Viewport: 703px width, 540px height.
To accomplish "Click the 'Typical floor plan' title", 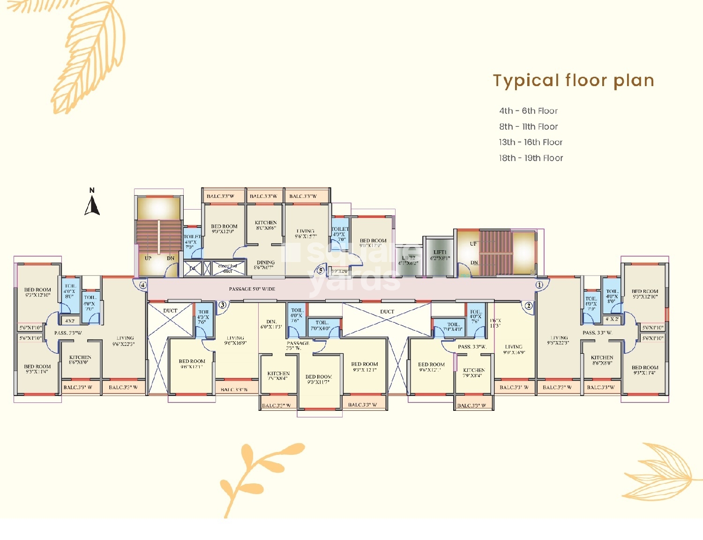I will pyautogui.click(x=573, y=81).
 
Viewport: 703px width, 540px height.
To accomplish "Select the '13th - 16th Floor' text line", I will pyautogui.click(x=531, y=142).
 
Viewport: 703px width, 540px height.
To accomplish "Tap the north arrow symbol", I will pyautogui.click(x=92, y=204).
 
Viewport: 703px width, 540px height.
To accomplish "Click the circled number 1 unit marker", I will pyautogui.click(x=539, y=284).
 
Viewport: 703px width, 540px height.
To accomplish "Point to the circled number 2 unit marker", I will pyautogui.click(x=529, y=306).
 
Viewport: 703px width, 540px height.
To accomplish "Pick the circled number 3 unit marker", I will pyautogui.click(x=223, y=305).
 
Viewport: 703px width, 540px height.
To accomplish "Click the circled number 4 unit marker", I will pyautogui.click(x=143, y=285).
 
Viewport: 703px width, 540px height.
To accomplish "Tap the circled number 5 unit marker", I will pyautogui.click(x=321, y=270).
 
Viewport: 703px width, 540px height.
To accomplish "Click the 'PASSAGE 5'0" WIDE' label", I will pyautogui.click(x=252, y=289).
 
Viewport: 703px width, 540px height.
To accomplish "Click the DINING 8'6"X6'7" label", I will pyautogui.click(x=266, y=265).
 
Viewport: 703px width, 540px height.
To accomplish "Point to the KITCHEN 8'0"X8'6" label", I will pyautogui.click(x=266, y=226).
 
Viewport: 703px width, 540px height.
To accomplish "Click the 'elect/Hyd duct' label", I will pyautogui.click(x=227, y=268).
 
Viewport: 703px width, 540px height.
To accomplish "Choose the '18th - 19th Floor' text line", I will pyautogui.click(x=531, y=158).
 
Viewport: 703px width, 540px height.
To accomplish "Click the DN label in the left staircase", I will pyautogui.click(x=171, y=258).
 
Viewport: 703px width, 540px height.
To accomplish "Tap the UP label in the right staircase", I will pyautogui.click(x=473, y=244).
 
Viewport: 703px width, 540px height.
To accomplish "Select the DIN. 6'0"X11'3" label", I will pyautogui.click(x=271, y=324).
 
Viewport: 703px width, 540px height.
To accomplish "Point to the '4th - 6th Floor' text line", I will pyautogui.click(x=528, y=111).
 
